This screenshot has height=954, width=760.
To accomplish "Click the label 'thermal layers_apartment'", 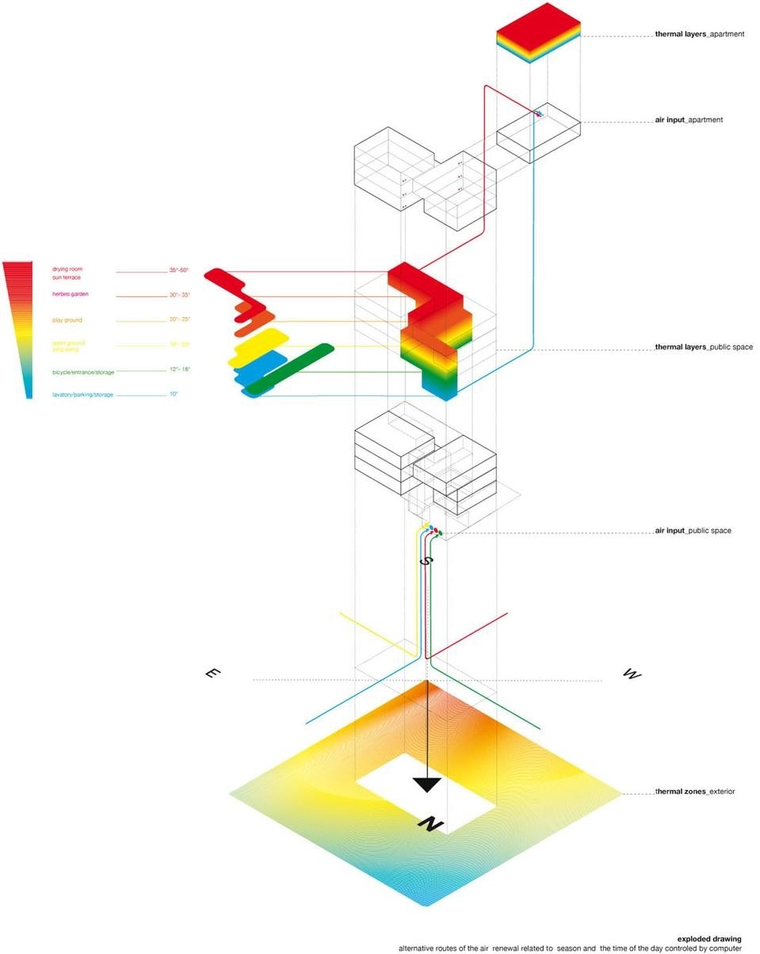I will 699,35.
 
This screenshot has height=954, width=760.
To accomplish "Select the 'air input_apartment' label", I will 689,120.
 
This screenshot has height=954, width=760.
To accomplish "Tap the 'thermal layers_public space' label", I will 704,347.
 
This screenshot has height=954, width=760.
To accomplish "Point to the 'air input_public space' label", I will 693,531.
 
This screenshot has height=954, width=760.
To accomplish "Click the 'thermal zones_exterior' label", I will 694,792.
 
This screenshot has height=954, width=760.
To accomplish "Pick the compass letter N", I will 430,824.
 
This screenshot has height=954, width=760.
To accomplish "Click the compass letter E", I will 212,674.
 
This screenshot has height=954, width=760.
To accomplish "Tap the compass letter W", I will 632,674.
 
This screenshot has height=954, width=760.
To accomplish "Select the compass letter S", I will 426,560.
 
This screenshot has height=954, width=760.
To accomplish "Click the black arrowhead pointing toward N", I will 427,784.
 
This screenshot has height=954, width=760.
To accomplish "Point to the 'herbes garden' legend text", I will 71,294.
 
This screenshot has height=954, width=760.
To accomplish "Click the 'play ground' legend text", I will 67,320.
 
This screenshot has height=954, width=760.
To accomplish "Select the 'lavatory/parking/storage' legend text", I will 82,395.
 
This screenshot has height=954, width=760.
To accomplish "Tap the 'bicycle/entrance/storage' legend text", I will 83,372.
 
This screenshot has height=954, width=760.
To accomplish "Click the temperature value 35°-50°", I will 179,270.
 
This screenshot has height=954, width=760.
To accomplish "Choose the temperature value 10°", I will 173,394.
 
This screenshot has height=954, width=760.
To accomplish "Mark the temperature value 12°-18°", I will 179,369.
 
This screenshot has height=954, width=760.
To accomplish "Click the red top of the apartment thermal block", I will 539,21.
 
